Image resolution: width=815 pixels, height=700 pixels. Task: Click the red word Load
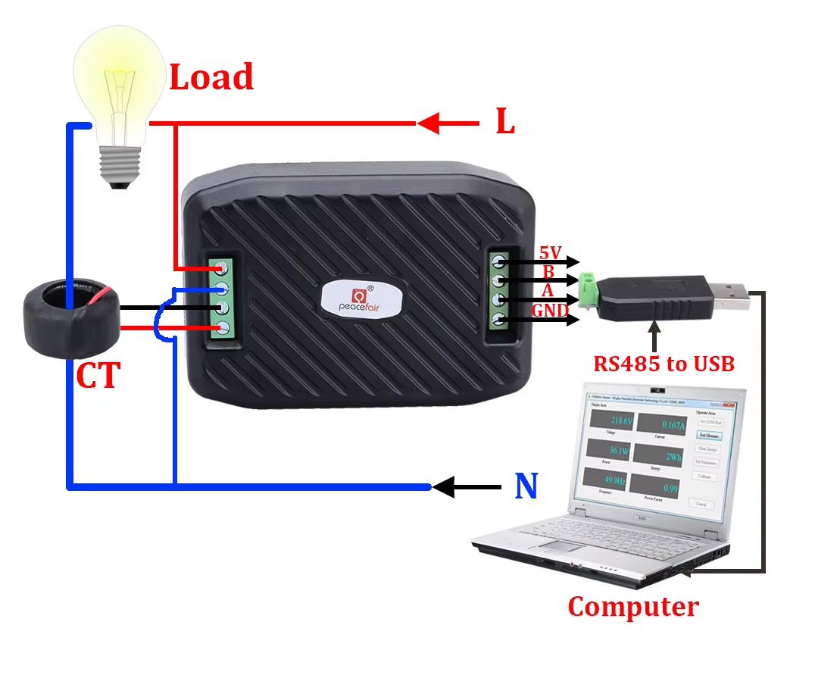point(211,78)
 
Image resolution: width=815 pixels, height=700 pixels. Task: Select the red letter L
point(505,122)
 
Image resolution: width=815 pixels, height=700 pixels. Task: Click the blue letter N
point(526,486)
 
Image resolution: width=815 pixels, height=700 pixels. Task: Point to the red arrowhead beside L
point(429,123)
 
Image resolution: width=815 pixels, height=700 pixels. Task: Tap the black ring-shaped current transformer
point(70,319)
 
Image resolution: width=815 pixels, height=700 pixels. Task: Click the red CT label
point(98,377)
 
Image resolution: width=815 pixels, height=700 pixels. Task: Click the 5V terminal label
point(550,253)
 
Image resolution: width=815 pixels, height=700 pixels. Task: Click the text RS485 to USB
point(664,364)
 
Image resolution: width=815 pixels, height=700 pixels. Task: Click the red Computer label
point(633,607)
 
